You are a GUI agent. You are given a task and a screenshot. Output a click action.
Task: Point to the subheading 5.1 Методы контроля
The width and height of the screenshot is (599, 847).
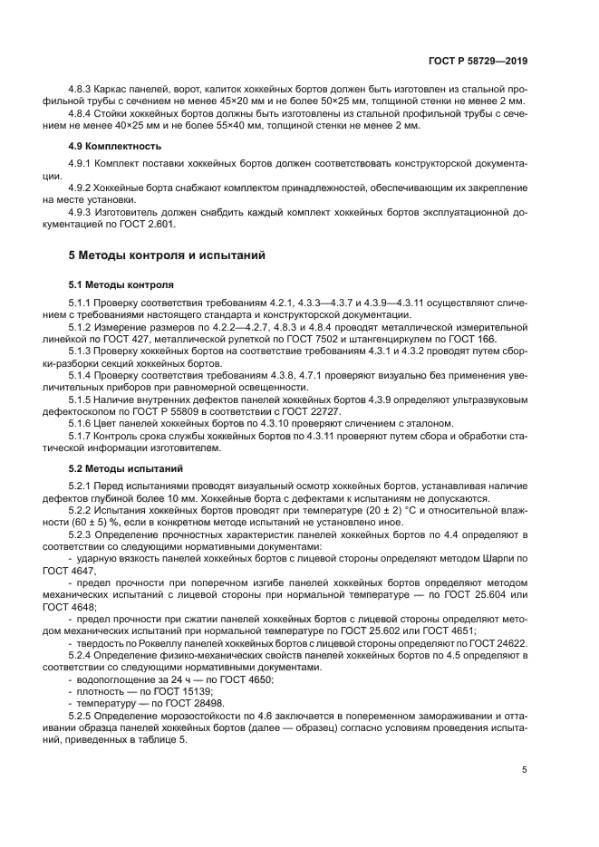(121, 284)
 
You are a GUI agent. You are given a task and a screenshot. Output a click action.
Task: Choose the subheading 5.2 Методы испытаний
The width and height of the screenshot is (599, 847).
(126, 468)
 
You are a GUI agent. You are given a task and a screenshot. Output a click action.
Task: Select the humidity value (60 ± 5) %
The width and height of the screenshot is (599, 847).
(93, 522)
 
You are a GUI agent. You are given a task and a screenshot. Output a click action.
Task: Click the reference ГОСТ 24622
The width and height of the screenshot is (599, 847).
(499, 641)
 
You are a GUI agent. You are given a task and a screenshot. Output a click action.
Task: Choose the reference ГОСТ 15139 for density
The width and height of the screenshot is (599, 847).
(180, 690)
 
